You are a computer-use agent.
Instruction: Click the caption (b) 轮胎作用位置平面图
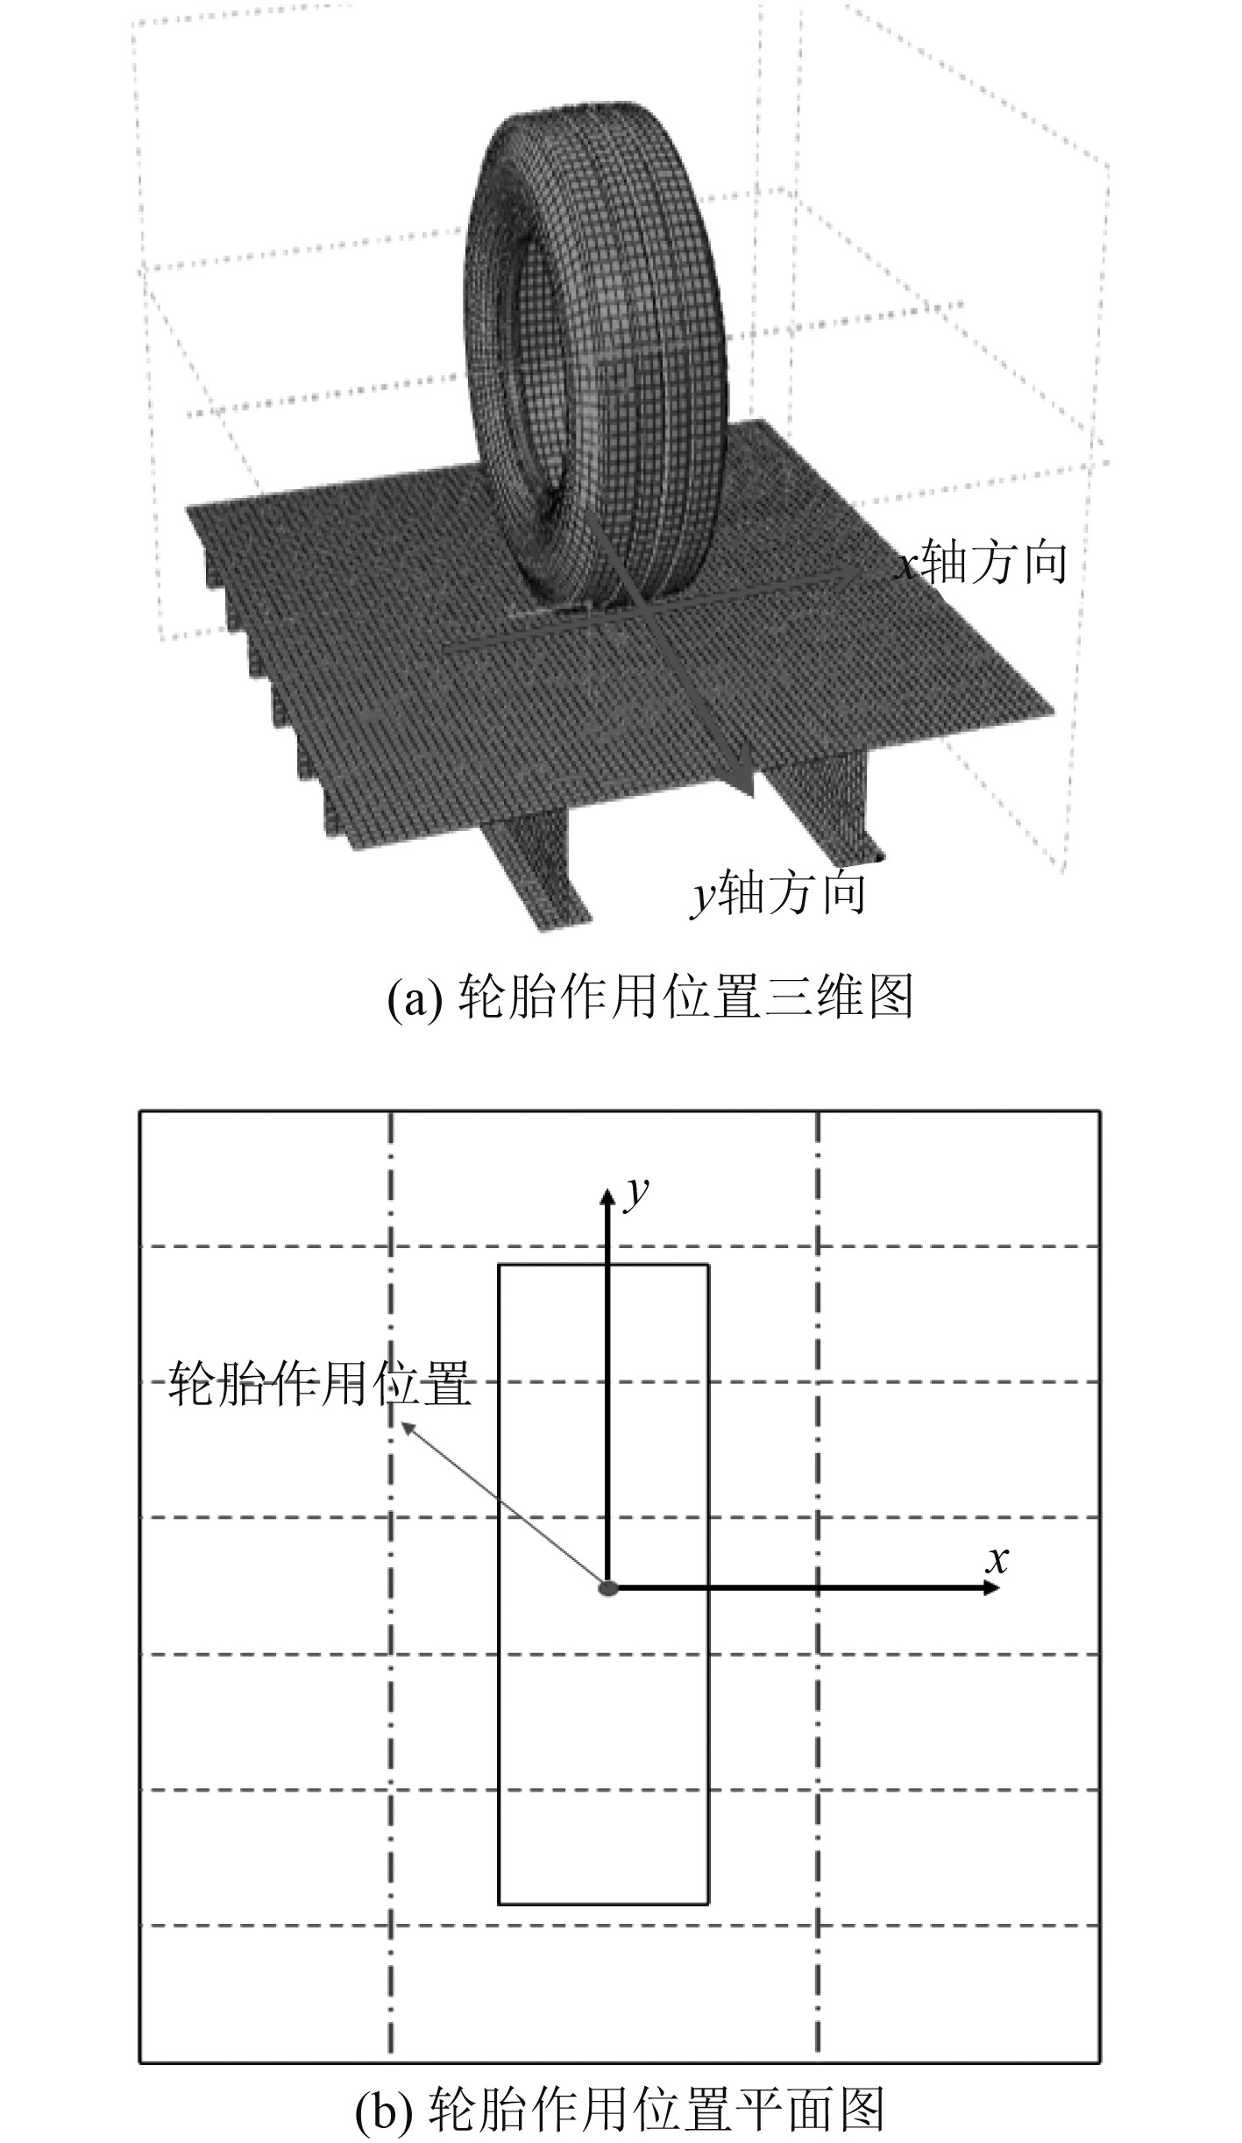pos(621,2108)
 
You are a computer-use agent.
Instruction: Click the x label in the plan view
pos(997,1560)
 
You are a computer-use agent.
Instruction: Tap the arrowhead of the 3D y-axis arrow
pos(745,782)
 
